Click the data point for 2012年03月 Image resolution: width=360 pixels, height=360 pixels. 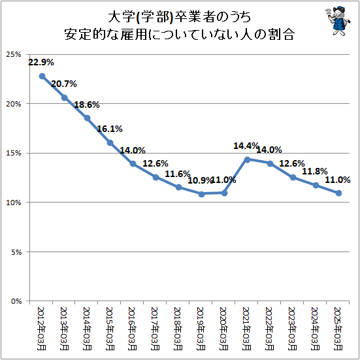(42, 76)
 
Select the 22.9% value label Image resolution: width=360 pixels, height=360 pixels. (41, 63)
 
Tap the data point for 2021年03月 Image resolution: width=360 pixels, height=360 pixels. (247, 159)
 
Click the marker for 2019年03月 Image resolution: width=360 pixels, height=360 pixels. (201, 194)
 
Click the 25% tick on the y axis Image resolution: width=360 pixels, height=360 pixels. (14, 54)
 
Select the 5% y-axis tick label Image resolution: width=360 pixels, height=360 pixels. (16, 252)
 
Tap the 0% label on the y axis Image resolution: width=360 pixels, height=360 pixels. (16, 301)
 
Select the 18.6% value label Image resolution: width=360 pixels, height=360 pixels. (87, 105)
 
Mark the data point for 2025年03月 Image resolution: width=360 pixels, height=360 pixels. (338, 193)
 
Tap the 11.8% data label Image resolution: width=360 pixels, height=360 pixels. (316, 171)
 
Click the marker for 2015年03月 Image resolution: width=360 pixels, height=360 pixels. (110, 143)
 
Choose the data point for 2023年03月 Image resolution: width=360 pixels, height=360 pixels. (293, 177)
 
